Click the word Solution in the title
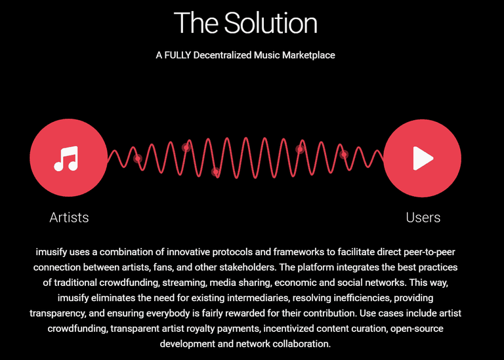tap(270, 23)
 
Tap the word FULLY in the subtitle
tap(178, 55)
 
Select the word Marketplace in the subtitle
tap(308, 55)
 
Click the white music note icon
tap(66, 158)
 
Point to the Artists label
tap(69, 218)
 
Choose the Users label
tap(423, 218)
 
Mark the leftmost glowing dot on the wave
tap(138, 158)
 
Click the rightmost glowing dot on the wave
tap(344, 155)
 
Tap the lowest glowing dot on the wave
tap(216, 172)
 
